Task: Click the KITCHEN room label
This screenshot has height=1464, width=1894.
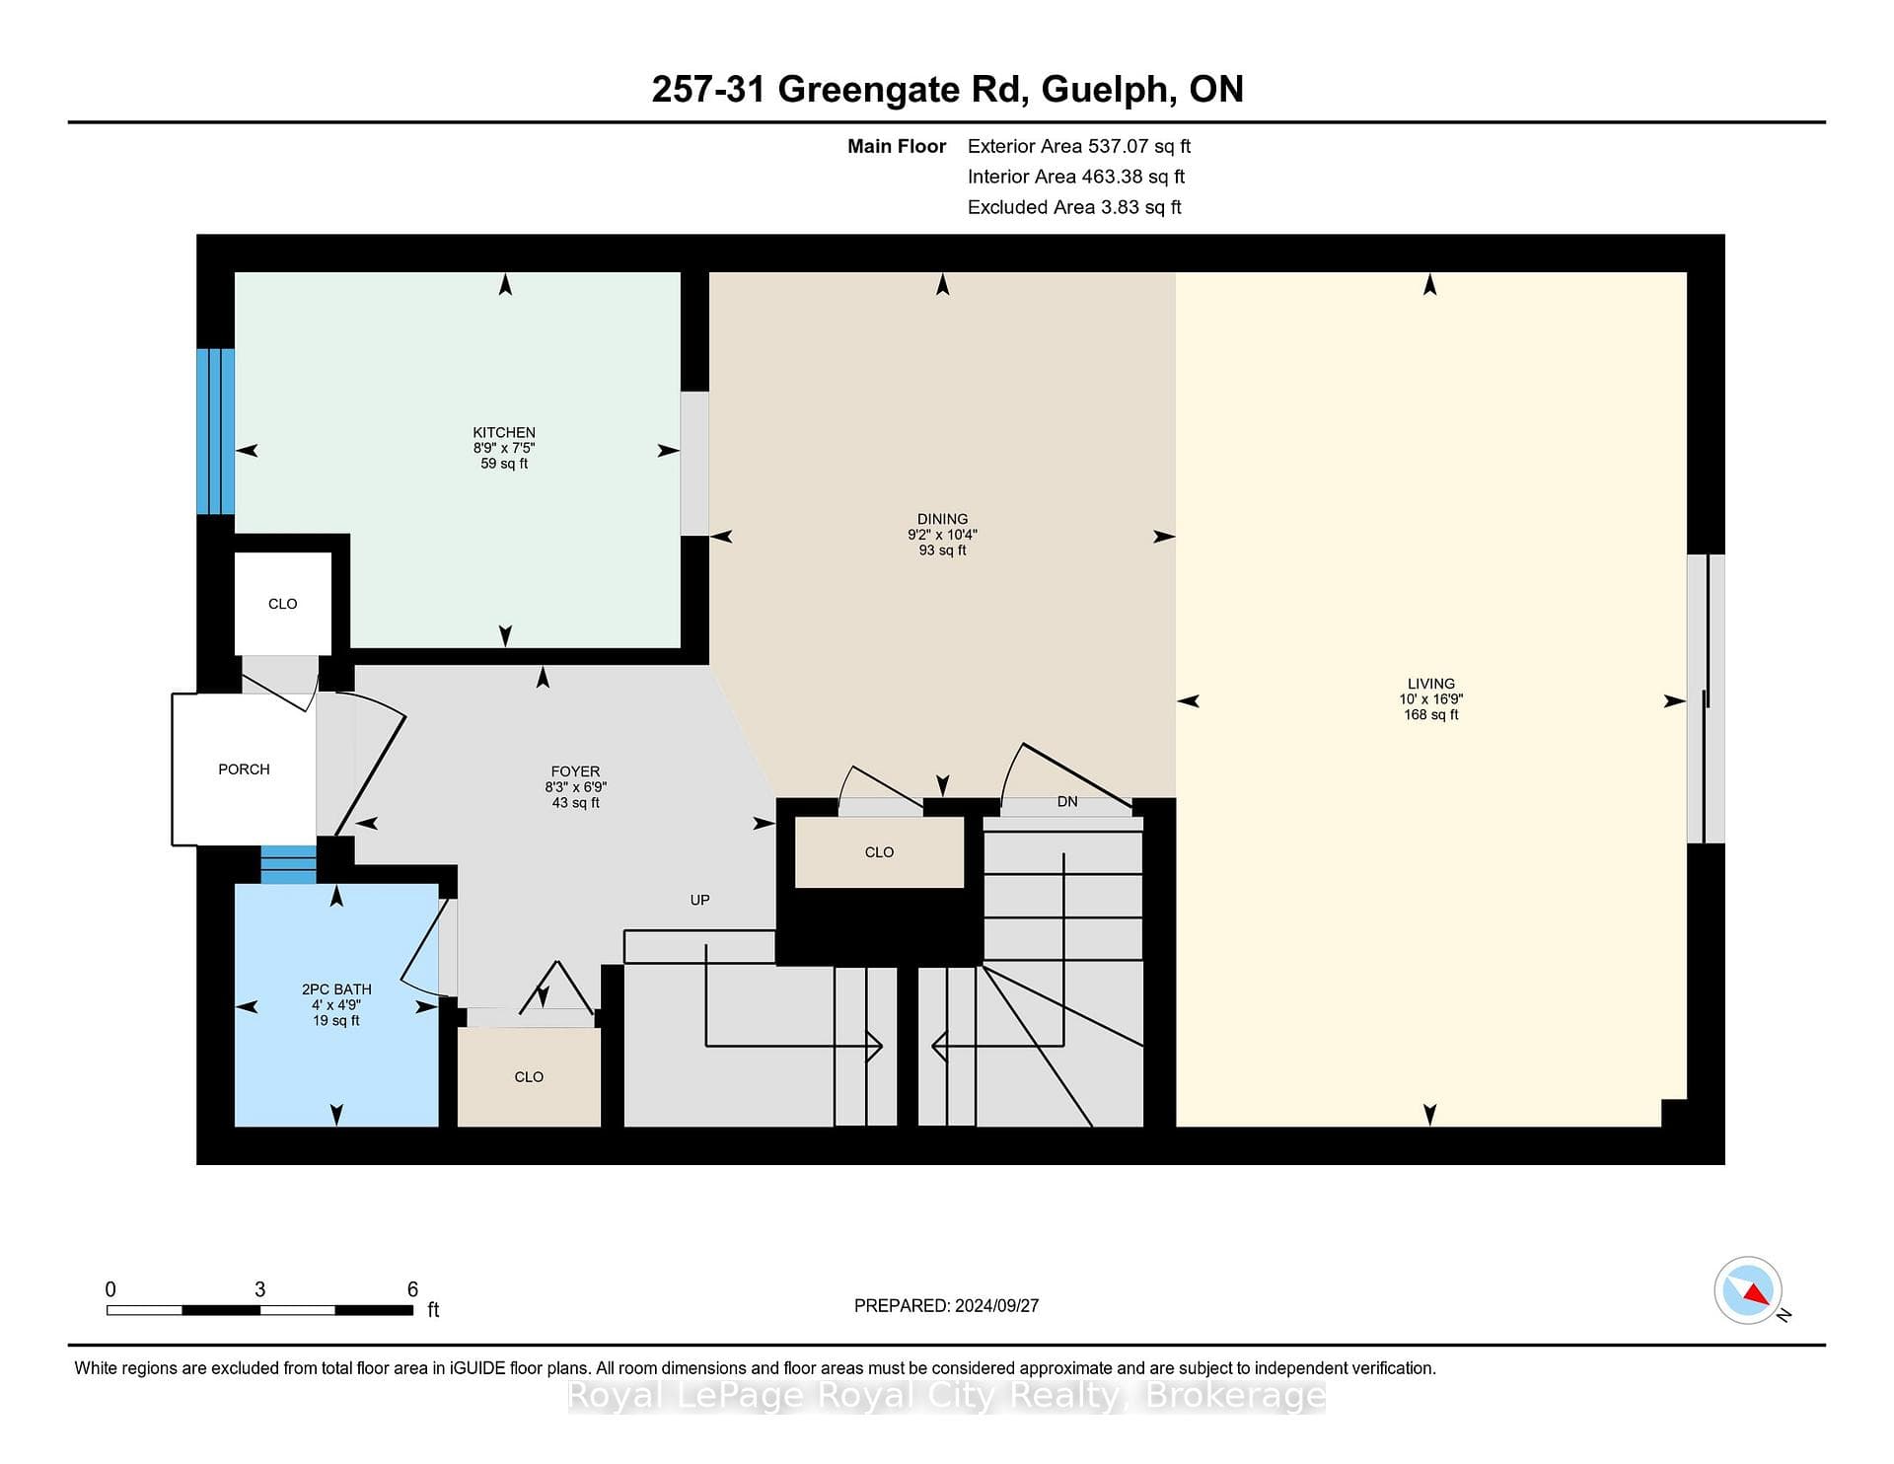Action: click(504, 432)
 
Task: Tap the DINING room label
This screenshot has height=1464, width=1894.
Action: click(942, 519)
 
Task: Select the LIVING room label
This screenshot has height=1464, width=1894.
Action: click(1431, 684)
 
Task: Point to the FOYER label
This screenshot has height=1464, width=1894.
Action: click(575, 771)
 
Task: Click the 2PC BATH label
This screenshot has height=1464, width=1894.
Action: click(336, 989)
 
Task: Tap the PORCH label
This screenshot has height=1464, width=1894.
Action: click(244, 769)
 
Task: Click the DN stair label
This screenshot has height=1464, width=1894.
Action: click(1067, 802)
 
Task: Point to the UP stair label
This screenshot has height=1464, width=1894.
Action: click(699, 900)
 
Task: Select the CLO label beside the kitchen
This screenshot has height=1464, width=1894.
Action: click(283, 604)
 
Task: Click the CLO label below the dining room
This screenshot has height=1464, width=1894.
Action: click(879, 852)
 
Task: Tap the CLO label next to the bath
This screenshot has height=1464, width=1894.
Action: click(529, 1077)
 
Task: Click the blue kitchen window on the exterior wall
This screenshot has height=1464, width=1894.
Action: click(215, 431)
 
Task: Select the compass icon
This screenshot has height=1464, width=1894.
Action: click(1748, 1290)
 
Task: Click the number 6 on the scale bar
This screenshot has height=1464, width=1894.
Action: click(412, 1289)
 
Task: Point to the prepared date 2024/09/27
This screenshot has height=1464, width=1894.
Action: click(997, 1306)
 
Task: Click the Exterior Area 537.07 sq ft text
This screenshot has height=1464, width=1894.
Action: click(1079, 147)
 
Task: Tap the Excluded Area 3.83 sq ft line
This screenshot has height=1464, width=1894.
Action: click(1074, 207)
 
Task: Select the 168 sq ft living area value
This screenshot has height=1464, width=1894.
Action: click(1431, 715)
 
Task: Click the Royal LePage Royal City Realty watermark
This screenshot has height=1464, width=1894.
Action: click(946, 1396)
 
